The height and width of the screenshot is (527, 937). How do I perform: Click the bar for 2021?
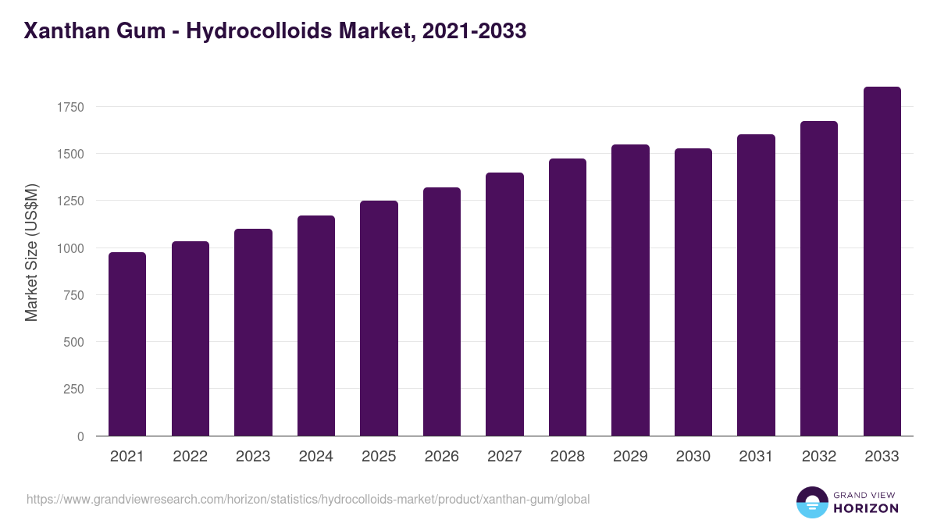click(127, 344)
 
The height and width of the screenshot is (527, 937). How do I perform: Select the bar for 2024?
click(316, 326)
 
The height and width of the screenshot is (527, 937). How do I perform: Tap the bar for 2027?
click(504, 304)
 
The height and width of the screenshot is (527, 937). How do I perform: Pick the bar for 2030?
click(693, 292)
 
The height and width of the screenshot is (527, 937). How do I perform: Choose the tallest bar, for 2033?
click(882, 262)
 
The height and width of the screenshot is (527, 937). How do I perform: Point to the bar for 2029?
click(630, 290)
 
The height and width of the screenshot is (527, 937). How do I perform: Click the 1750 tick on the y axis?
click(70, 107)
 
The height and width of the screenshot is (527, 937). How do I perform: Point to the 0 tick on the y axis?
click(80, 436)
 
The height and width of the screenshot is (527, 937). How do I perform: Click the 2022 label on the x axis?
click(191, 457)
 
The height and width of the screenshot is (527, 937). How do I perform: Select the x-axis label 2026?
click(442, 457)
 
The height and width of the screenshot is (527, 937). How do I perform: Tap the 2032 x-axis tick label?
click(819, 457)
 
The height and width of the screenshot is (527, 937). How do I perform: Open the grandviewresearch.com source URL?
click(308, 499)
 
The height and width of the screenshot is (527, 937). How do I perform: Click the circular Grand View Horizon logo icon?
click(811, 502)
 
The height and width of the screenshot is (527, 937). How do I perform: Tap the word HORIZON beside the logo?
click(866, 508)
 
